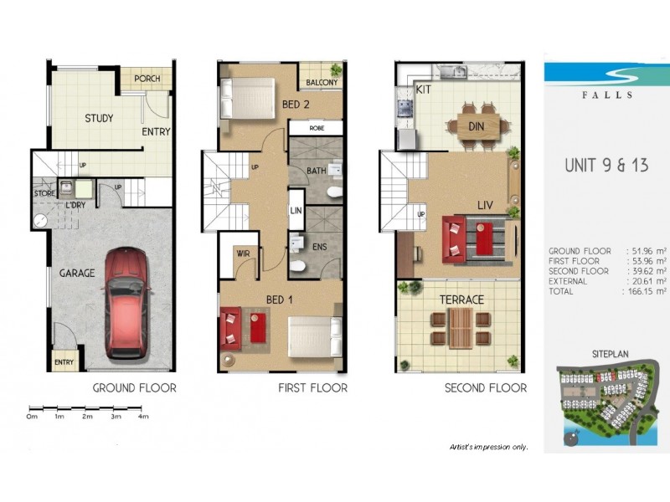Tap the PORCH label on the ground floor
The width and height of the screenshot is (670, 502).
pyautogui.click(x=147, y=79)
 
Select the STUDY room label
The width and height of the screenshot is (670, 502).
pyautogui.click(x=99, y=118)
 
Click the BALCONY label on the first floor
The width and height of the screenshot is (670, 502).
pyautogui.click(x=322, y=83)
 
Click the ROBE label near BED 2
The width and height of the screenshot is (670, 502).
pyautogui.click(x=316, y=128)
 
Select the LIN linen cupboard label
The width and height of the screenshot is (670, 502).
pyautogui.click(x=296, y=213)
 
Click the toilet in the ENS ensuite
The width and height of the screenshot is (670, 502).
pyautogui.click(x=297, y=266)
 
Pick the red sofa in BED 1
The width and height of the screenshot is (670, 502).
pyautogui.click(x=231, y=326)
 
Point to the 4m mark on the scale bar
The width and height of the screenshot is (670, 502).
pyautogui.click(x=142, y=416)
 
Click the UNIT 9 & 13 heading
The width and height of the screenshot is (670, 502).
pyautogui.click(x=606, y=165)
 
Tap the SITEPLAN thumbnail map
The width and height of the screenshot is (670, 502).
pyautogui.click(x=606, y=401)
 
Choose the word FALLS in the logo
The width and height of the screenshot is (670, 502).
pyautogui.click(x=606, y=95)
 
